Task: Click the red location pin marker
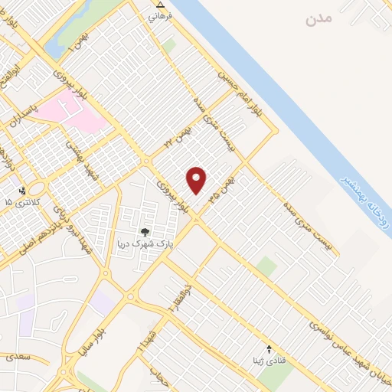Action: (x=197, y=180)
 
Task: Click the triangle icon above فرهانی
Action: (x=151, y=4)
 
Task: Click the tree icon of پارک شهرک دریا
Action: (x=143, y=232)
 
